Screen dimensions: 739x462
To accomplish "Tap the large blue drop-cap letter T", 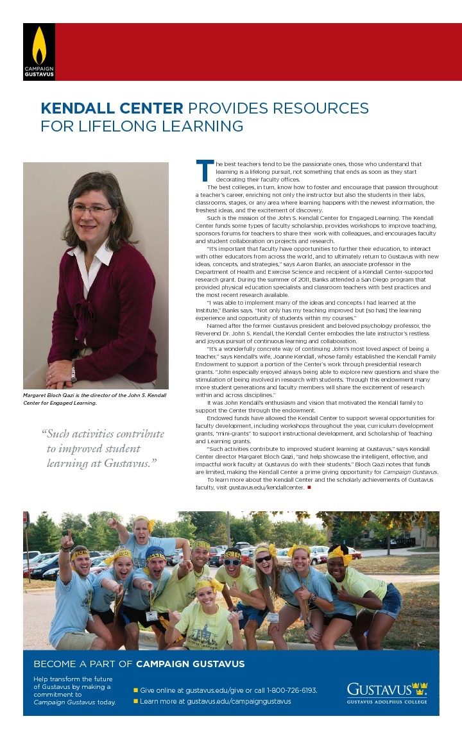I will pos(203,171).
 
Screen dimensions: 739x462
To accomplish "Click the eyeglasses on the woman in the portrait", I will pos(92,208).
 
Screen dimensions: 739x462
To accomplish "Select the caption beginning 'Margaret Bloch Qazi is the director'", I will pos(95,399).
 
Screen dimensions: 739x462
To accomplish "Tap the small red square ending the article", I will pos(309,488).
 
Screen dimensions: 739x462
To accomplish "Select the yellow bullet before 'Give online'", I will pos(135,690).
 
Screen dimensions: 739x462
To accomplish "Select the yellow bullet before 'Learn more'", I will pos(135,701).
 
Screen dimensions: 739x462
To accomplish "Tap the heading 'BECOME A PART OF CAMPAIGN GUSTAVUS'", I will pos(139,664).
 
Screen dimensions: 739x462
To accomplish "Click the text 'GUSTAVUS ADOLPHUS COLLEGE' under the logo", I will pos(387,702).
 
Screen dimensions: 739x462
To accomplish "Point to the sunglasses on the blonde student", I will pos(264,559).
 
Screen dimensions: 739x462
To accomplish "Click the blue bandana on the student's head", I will pos(155,552).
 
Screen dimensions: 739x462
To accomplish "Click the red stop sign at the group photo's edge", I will pos(26,518).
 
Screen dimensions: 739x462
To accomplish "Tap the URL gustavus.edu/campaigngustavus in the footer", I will pos(239,701).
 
